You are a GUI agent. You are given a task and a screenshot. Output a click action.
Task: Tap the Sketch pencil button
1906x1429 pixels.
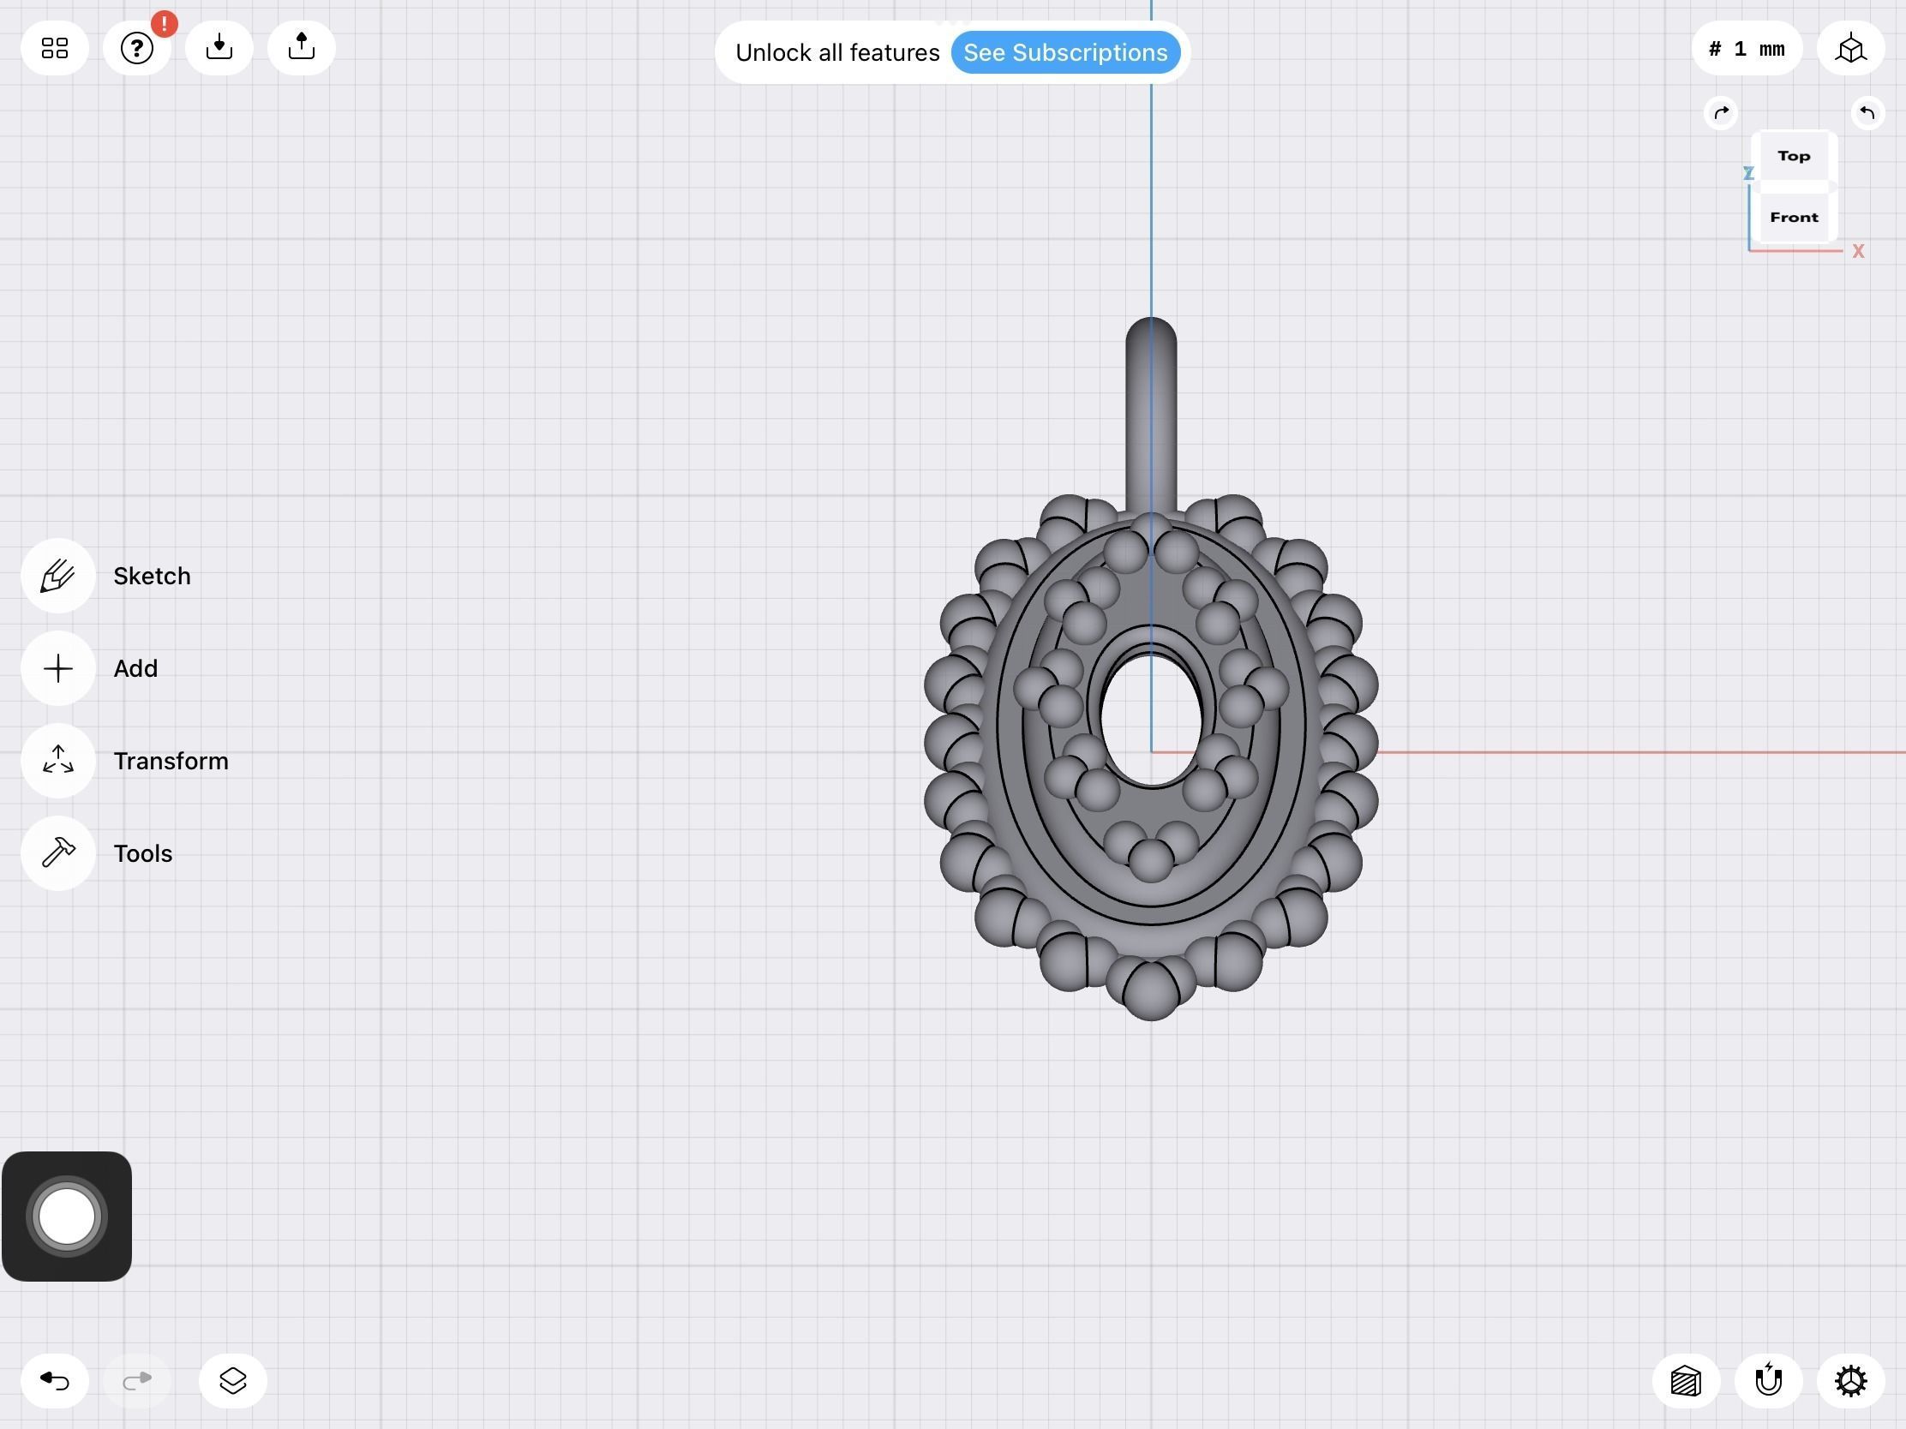pos(57,576)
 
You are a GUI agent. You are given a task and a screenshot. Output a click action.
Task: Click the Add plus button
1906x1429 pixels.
pos(57,668)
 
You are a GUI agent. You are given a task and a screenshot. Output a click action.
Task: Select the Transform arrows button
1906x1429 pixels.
pos(57,761)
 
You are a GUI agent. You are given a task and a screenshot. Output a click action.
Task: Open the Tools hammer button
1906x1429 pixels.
pos(57,852)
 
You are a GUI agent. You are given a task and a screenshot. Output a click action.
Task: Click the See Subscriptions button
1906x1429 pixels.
pos(1065,52)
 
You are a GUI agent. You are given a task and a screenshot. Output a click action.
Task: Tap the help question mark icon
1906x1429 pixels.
pos(136,48)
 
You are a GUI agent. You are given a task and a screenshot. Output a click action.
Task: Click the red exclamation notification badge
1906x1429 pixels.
pos(164,23)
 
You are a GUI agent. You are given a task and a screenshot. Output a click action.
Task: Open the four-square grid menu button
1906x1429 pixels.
pos(54,48)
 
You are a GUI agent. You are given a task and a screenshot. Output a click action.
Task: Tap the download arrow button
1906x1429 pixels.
pos(219,47)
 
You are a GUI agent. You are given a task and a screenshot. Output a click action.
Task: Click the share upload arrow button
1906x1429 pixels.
pos(301,47)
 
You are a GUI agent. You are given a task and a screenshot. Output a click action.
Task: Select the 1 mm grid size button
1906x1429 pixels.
pos(1747,49)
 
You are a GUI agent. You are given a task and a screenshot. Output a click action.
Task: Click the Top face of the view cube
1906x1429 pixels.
pos(1794,156)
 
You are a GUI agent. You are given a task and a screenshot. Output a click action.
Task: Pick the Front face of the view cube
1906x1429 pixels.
pos(1794,217)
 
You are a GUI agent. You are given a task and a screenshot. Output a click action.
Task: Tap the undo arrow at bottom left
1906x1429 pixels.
pos(54,1381)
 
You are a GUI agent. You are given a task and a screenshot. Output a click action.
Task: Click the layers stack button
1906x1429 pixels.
pos(232,1381)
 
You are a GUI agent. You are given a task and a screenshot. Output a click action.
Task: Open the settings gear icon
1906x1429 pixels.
pos(1850,1381)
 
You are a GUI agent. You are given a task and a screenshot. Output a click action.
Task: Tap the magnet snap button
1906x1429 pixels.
pos(1768,1381)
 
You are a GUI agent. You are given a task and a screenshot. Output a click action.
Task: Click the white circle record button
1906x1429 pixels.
pos(66,1217)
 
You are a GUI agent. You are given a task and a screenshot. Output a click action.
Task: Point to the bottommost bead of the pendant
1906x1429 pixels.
pos(1151,992)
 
